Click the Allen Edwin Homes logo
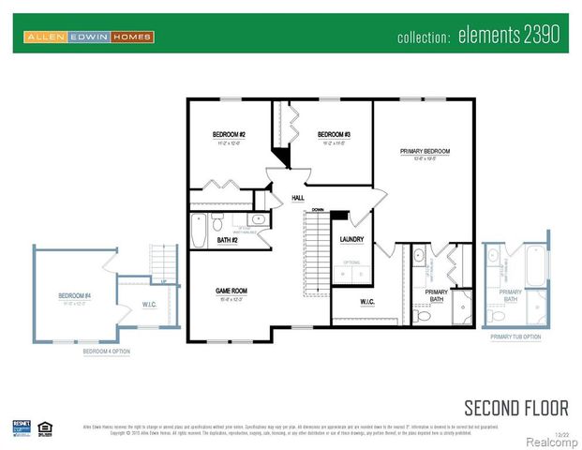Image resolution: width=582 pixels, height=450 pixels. pos(89,37)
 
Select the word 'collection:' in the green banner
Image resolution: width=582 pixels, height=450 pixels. pos(425,37)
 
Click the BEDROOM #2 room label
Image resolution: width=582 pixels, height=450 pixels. pos(229,135)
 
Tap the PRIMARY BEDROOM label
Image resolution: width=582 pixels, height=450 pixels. pos(425,151)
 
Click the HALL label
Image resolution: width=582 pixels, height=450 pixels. pos(298,198)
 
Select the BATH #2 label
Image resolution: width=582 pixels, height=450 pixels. pos(227,241)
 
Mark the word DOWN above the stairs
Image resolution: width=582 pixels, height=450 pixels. pos(318,209)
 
